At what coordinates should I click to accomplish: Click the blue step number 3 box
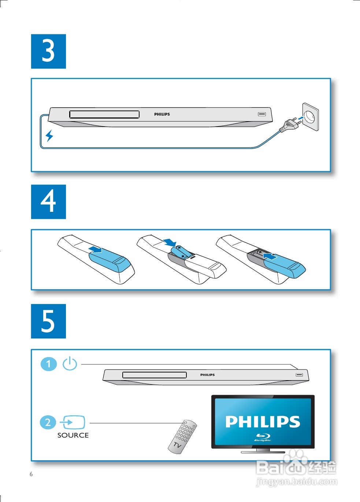[48, 51]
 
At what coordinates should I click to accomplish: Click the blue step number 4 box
[48, 202]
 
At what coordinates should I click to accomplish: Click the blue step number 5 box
[48, 321]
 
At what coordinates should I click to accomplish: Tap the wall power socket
[311, 117]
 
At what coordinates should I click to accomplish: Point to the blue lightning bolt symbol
[49, 136]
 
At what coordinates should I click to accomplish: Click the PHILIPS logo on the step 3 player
[162, 114]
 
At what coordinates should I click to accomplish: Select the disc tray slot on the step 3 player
[104, 114]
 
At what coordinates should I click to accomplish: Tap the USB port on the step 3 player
[262, 114]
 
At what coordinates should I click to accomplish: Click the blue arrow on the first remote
[95, 249]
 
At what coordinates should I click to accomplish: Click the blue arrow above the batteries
[170, 242]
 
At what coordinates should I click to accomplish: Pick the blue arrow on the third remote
[270, 256]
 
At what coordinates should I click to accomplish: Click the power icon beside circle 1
[70, 363]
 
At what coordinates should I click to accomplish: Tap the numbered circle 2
[48, 423]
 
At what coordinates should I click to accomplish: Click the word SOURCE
[73, 435]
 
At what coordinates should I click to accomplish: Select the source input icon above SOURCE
[73, 422]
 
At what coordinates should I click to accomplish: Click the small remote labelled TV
[182, 437]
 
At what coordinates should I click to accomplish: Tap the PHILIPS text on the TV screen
[263, 422]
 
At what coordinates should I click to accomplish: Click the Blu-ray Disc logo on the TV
[263, 437]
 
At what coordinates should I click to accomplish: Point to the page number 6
[31, 474]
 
